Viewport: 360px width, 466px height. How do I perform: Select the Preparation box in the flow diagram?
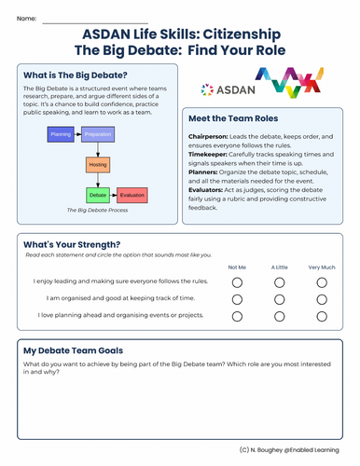pos(99,135)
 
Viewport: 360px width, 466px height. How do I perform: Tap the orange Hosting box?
pos(99,166)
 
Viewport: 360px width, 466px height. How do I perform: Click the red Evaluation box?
pos(132,196)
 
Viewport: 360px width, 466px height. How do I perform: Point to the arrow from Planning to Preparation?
pos(81,135)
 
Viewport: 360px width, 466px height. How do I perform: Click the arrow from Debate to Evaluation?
pos(113,196)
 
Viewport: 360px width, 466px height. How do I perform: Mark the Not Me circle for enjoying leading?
pos(237,281)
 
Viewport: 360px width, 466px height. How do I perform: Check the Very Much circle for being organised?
pos(322,299)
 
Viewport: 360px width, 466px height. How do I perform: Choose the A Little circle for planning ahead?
pos(279,317)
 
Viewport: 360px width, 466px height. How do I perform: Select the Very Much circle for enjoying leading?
pos(322,281)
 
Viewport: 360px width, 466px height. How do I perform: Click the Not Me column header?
pos(237,267)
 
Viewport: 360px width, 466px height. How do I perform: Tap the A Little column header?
pos(279,267)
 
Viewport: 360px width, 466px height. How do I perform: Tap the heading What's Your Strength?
pos(68,246)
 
